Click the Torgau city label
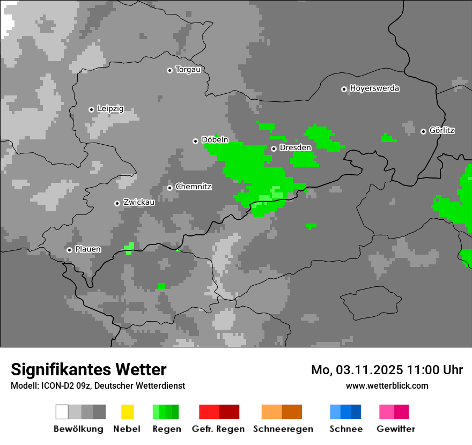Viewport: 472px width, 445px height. point(188,70)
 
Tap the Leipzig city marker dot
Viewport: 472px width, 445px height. point(91,109)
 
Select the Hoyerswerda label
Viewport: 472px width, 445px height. point(374,88)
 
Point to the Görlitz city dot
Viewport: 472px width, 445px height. point(423,131)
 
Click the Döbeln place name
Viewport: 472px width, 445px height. point(215,140)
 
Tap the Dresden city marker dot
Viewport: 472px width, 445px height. point(274,149)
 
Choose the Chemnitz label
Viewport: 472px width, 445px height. point(193,187)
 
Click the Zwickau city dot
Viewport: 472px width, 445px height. point(117,203)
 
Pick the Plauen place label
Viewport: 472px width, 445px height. point(87,249)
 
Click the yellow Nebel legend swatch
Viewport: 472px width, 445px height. point(127,412)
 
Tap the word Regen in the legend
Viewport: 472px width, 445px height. point(166,429)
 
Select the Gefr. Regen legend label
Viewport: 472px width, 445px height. point(218,429)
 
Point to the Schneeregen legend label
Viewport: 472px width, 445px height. point(283,429)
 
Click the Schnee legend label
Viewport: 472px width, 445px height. point(346,429)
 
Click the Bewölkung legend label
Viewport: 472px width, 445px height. point(78,429)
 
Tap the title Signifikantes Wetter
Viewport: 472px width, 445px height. point(88,369)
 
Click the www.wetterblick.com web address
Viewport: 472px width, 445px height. point(387,385)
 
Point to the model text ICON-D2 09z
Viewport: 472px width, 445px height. point(62,385)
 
